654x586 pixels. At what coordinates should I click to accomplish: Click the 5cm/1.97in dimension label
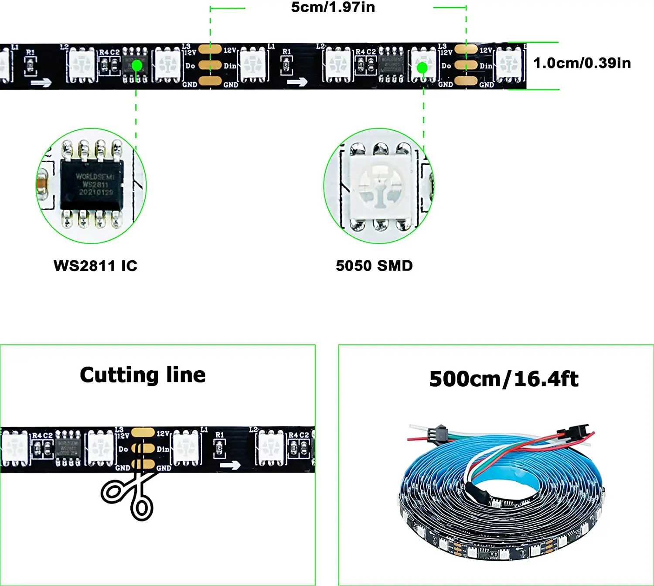(333, 7)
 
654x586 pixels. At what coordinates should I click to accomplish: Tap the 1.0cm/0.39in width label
(582, 63)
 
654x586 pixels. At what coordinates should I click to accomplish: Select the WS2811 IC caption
(95, 266)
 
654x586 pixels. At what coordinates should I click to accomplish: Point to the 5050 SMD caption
(374, 266)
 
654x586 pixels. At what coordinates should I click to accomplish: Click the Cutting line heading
(143, 375)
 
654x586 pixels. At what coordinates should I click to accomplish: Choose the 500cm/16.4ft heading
(504, 379)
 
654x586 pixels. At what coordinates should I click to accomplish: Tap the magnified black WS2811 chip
(92, 184)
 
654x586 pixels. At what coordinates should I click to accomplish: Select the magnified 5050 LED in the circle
(380, 186)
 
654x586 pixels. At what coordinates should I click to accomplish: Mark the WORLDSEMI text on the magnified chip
(95, 176)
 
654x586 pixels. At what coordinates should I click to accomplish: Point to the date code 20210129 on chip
(95, 192)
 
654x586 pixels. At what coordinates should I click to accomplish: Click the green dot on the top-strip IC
(137, 65)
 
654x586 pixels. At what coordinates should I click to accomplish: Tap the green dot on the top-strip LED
(422, 68)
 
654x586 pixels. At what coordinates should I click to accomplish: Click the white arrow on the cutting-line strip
(230, 465)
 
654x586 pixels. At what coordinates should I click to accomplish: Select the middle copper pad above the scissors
(143, 449)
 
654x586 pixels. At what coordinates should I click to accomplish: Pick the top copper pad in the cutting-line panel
(143, 433)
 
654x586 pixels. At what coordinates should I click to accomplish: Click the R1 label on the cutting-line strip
(219, 435)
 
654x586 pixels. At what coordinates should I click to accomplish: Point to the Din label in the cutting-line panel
(163, 449)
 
